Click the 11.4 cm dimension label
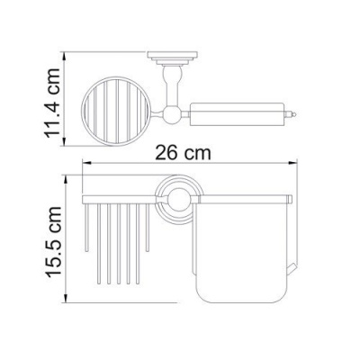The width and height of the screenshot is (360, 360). [x=52, y=103]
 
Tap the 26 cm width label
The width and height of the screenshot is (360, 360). [x=183, y=153]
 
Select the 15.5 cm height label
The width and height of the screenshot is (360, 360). [x=53, y=241]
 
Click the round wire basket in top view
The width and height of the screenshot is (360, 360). [x=115, y=112]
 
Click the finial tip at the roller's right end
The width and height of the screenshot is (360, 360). [x=294, y=114]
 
